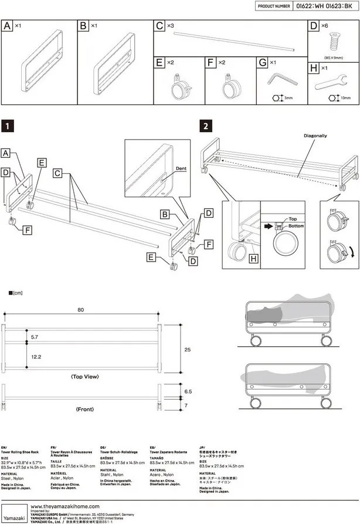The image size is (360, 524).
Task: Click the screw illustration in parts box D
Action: click(x=332, y=43)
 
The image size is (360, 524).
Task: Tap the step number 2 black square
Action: click(x=205, y=125)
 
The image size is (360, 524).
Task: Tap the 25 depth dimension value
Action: click(x=187, y=349)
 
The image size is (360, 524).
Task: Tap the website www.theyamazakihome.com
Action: click(x=64, y=506)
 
